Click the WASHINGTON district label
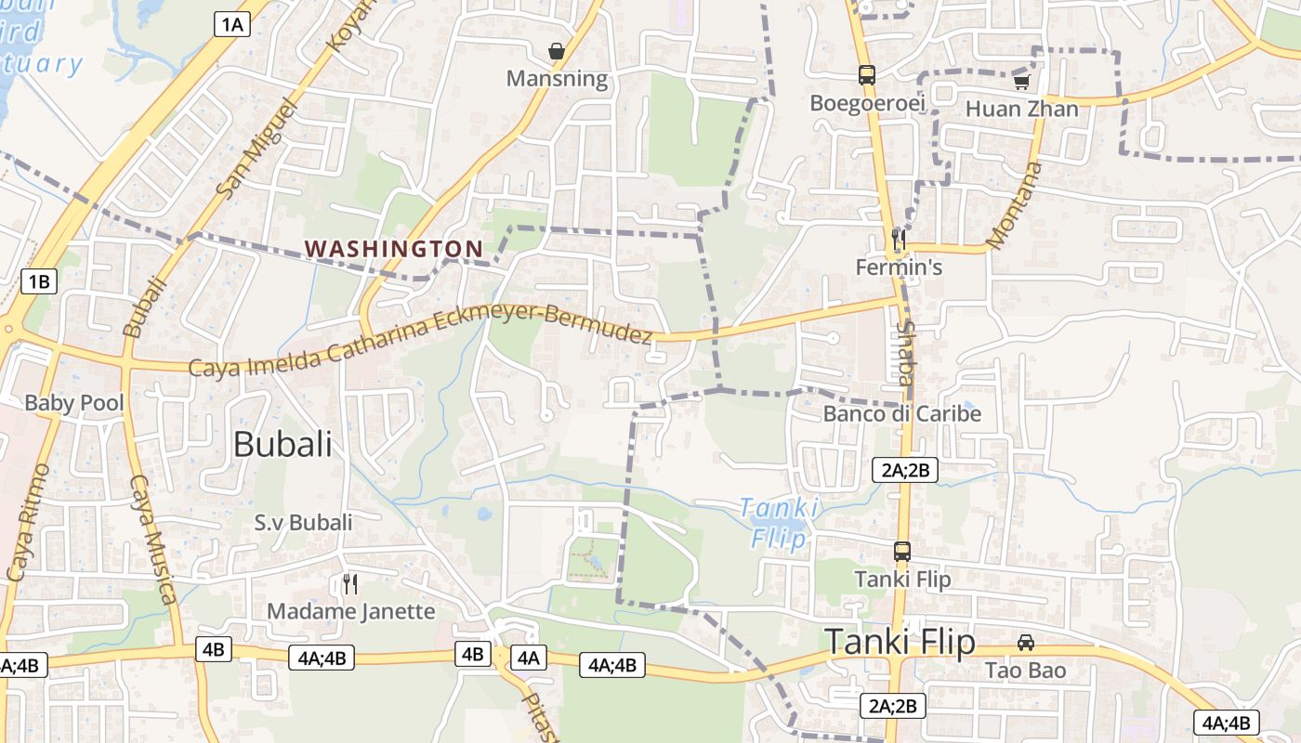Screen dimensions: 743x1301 click(x=394, y=249)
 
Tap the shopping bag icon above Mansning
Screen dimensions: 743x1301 click(x=557, y=51)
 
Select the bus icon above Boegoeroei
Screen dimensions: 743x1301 click(x=867, y=75)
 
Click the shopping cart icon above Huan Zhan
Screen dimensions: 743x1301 click(x=1022, y=82)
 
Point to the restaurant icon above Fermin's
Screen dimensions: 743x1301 click(x=898, y=240)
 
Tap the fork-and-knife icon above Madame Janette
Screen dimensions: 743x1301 click(x=350, y=583)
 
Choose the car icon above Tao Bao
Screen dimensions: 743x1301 click(x=1026, y=643)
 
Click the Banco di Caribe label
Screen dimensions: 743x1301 click(x=902, y=414)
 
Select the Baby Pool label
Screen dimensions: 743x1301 click(x=74, y=403)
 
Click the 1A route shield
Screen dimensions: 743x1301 click(x=232, y=24)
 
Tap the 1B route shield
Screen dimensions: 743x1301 click(x=39, y=281)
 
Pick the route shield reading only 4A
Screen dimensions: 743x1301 click(x=528, y=658)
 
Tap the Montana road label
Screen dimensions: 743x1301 click(x=1014, y=206)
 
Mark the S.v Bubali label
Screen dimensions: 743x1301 click(x=304, y=523)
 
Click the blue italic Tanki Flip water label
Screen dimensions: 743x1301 click(x=780, y=523)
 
